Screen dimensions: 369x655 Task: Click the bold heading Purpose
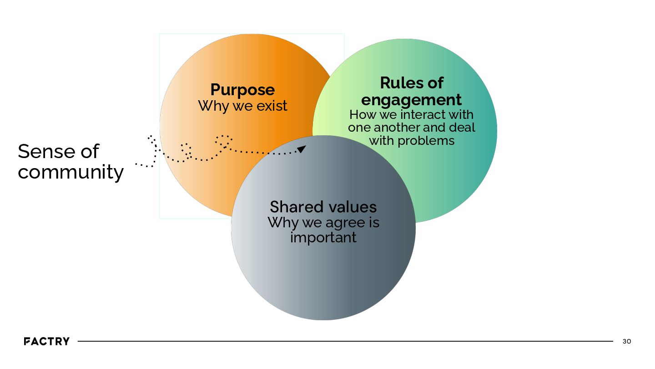pos(242,90)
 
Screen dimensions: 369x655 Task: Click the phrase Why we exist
pos(242,106)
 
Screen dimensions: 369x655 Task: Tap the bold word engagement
pos(411,100)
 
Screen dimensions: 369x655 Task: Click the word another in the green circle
pos(398,128)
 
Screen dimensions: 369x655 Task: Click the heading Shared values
pos(323,207)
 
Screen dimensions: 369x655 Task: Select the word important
pos(323,237)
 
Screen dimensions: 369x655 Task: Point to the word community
pos(71,173)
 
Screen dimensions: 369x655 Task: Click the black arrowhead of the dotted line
pos(302,149)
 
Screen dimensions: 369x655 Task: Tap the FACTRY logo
pos(46,341)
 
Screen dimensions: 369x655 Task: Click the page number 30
pos(626,341)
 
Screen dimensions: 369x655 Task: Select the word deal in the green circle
pos(462,128)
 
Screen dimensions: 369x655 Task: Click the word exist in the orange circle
pos(272,106)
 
